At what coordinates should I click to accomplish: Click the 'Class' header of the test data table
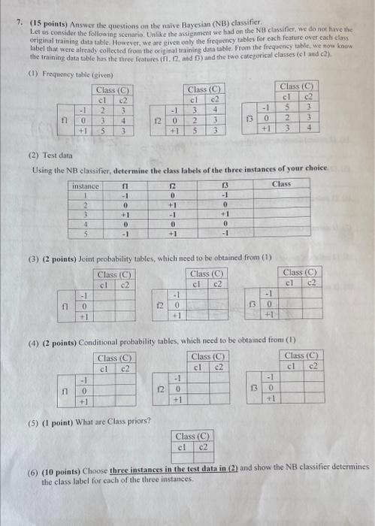pyautogui.click(x=282, y=184)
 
